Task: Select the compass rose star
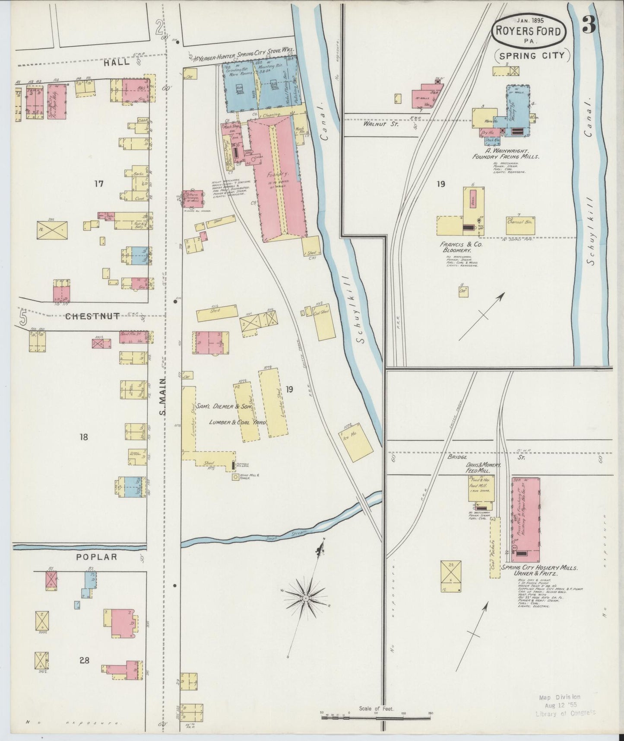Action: point(306,597)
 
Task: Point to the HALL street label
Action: point(117,62)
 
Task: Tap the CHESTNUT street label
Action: point(92,316)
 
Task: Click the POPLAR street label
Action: point(96,557)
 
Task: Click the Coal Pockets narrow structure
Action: point(495,547)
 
